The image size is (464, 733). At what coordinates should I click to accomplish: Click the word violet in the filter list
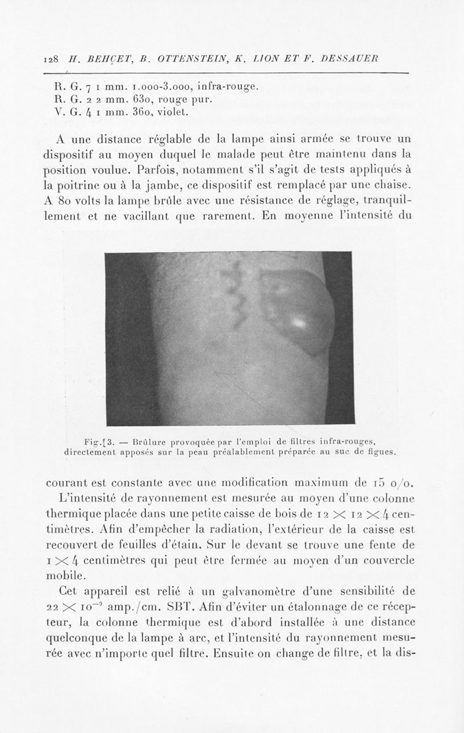[x=169, y=113]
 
